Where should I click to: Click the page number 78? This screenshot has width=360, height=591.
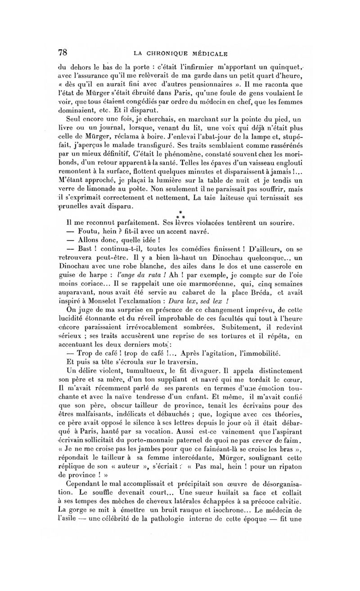coord(62,52)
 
